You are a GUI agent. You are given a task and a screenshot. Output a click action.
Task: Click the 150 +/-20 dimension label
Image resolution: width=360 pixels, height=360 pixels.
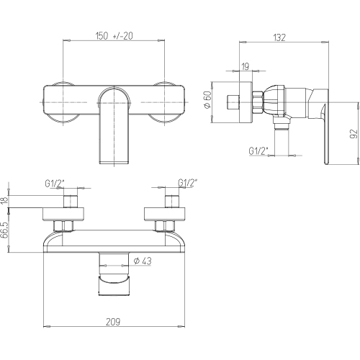[114, 36]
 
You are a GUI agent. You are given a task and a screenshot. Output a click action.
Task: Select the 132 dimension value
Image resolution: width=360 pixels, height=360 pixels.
[279, 37]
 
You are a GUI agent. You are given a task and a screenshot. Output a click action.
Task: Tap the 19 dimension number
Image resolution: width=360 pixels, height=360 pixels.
[245, 66]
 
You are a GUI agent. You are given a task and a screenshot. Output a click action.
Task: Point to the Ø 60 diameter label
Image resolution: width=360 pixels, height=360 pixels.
[208, 99]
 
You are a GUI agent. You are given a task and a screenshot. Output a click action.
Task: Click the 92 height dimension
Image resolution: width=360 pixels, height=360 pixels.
[354, 134]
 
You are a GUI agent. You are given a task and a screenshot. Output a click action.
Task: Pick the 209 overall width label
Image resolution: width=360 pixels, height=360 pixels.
[113, 322]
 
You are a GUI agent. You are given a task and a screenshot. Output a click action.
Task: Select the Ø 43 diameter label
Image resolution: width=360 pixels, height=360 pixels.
[143, 261]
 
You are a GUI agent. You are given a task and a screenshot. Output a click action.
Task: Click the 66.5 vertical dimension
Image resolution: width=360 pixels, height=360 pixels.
[4, 230]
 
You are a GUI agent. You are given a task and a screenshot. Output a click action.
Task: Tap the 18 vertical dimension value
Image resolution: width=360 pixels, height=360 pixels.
[4, 200]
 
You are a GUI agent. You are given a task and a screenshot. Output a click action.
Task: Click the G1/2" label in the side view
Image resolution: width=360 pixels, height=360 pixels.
[258, 151]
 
